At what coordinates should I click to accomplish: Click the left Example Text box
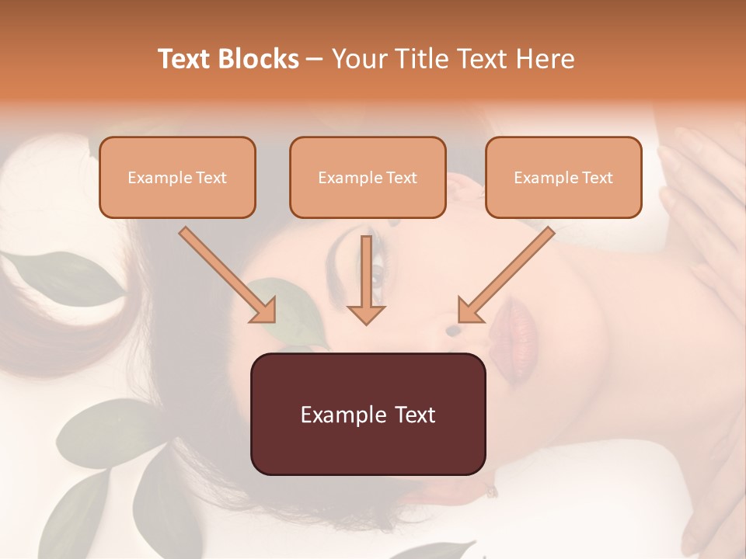(x=177, y=177)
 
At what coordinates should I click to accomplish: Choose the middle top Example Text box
(x=368, y=177)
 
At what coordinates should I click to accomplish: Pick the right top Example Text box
(x=563, y=177)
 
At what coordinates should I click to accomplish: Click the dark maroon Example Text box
(x=368, y=414)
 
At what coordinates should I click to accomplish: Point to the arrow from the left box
(x=228, y=274)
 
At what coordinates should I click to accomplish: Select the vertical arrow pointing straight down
(x=366, y=279)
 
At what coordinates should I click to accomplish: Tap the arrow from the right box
(x=506, y=274)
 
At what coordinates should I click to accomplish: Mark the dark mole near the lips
(x=453, y=331)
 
